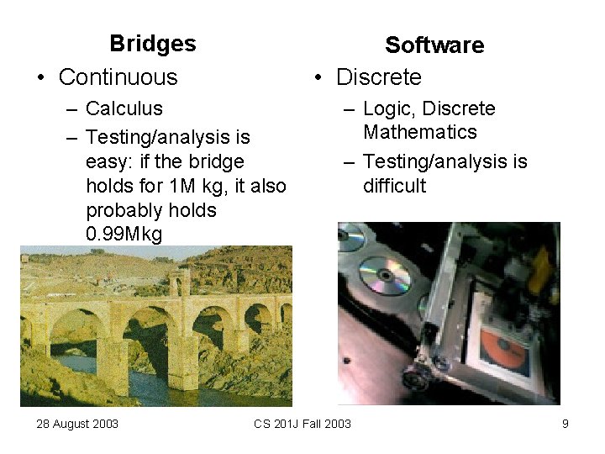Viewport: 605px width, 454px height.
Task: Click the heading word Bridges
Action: [152, 44]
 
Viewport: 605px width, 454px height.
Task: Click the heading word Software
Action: [434, 45]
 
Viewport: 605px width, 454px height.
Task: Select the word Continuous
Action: [118, 77]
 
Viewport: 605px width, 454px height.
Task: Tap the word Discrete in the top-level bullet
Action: [378, 77]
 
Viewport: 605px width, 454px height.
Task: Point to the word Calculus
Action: [124, 109]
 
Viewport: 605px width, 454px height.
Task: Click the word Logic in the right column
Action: [388, 109]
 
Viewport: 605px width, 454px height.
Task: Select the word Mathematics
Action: [419, 132]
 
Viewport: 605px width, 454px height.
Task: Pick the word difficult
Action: [395, 185]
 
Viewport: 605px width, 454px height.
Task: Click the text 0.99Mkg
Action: [124, 235]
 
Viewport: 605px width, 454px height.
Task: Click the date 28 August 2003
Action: [77, 424]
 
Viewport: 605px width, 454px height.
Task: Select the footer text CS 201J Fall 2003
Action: [302, 424]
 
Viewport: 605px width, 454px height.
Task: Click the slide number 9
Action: [566, 424]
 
